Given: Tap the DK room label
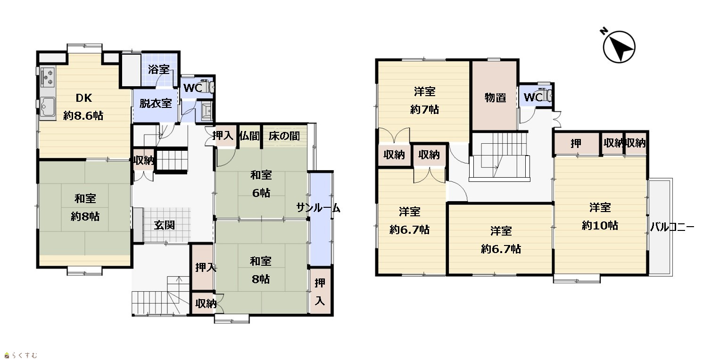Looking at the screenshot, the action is tap(84, 98).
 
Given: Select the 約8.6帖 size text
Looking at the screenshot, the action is tap(83, 116).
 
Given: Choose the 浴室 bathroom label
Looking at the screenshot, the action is tap(159, 69).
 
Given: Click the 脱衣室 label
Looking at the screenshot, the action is tap(156, 103).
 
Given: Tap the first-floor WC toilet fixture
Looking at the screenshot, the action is tap(208, 86).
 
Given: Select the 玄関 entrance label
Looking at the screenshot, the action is tap(165, 225).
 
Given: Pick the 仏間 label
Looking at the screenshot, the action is tap(249, 136).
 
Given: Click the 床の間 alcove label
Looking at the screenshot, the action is tap(284, 136).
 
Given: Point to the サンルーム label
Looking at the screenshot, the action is tap(318, 208).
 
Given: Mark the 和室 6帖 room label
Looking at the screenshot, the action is tap(261, 184).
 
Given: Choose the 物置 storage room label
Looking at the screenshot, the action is tap(495, 98).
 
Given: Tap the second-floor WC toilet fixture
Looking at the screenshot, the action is tap(546, 95).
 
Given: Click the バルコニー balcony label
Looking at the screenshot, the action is tap(672, 227).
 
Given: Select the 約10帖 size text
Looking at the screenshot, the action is tap(600, 226).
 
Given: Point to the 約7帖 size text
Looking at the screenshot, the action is tap(424, 109).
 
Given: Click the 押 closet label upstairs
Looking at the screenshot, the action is tap(576, 143).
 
